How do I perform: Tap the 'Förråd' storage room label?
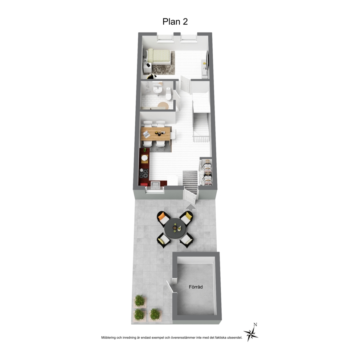tap(196, 287)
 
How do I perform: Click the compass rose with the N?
tap(251, 333)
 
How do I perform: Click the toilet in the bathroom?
tap(168, 94)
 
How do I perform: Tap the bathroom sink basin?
tap(158, 88)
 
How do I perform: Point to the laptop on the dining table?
tap(146, 134)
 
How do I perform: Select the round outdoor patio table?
tap(175, 228)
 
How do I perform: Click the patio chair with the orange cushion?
tap(163, 218)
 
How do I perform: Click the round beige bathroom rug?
tap(163, 105)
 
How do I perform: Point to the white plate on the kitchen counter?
tap(145, 158)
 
